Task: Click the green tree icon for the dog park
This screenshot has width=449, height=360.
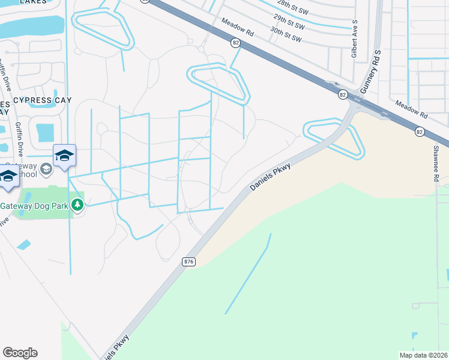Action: [77, 205]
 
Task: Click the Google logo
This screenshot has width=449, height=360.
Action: [20, 353]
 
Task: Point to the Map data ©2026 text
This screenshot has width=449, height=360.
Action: [423, 355]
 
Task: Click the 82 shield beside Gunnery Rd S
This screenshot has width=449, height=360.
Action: [342, 95]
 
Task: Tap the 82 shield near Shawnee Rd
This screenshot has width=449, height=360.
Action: [419, 131]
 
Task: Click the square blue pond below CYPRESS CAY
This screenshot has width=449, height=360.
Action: [45, 132]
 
